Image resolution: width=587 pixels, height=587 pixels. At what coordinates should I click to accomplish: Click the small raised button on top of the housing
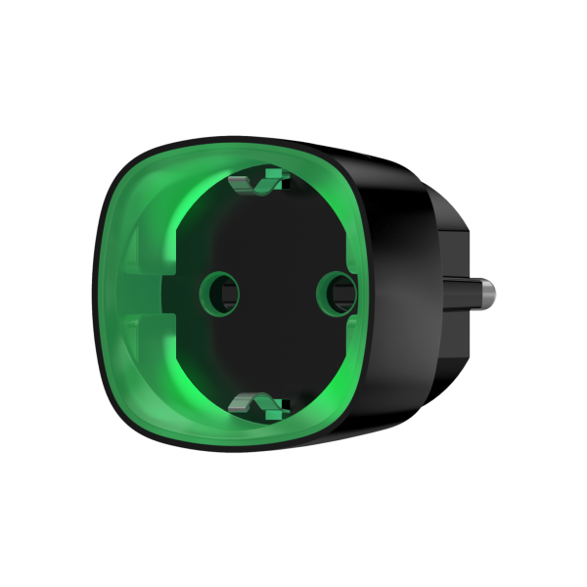[x=354, y=153]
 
